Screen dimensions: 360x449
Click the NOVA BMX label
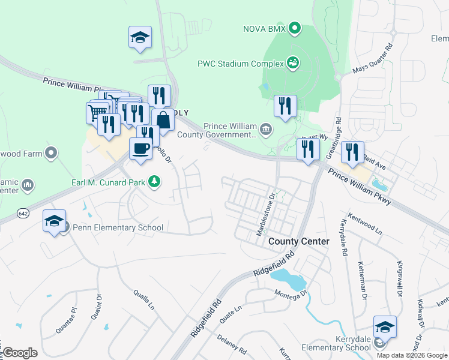pyautogui.click(x=264, y=28)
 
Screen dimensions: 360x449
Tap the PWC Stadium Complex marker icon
pyautogui.click(x=293, y=62)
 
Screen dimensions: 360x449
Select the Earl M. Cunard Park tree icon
pyautogui.click(x=154, y=181)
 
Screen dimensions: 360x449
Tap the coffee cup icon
pyautogui.click(x=140, y=148)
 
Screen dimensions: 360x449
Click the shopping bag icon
pyautogui.click(x=163, y=119)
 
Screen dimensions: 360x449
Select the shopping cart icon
pyautogui.click(x=96, y=112)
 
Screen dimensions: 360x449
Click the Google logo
pyautogui.click(x=19, y=353)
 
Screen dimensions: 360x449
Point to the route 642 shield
pyautogui.click(x=23, y=213)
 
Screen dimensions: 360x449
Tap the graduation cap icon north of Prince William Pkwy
pyautogui.click(x=140, y=37)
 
